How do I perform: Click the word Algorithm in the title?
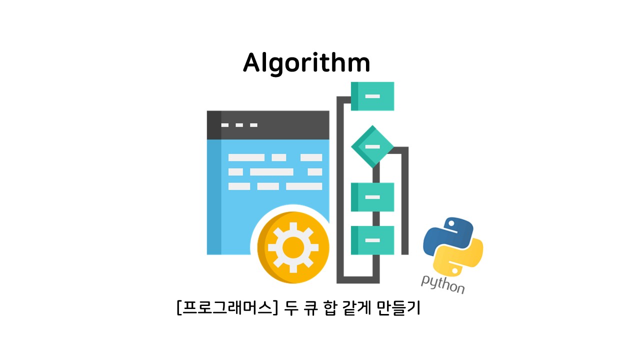[x=306, y=63]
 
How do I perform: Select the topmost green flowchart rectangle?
[x=372, y=96]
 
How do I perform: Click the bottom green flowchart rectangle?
[x=372, y=240]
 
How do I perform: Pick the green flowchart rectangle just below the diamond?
[x=372, y=197]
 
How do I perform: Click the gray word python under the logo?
[x=443, y=284]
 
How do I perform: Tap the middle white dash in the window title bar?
[x=239, y=125]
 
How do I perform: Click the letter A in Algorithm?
[x=253, y=63]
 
